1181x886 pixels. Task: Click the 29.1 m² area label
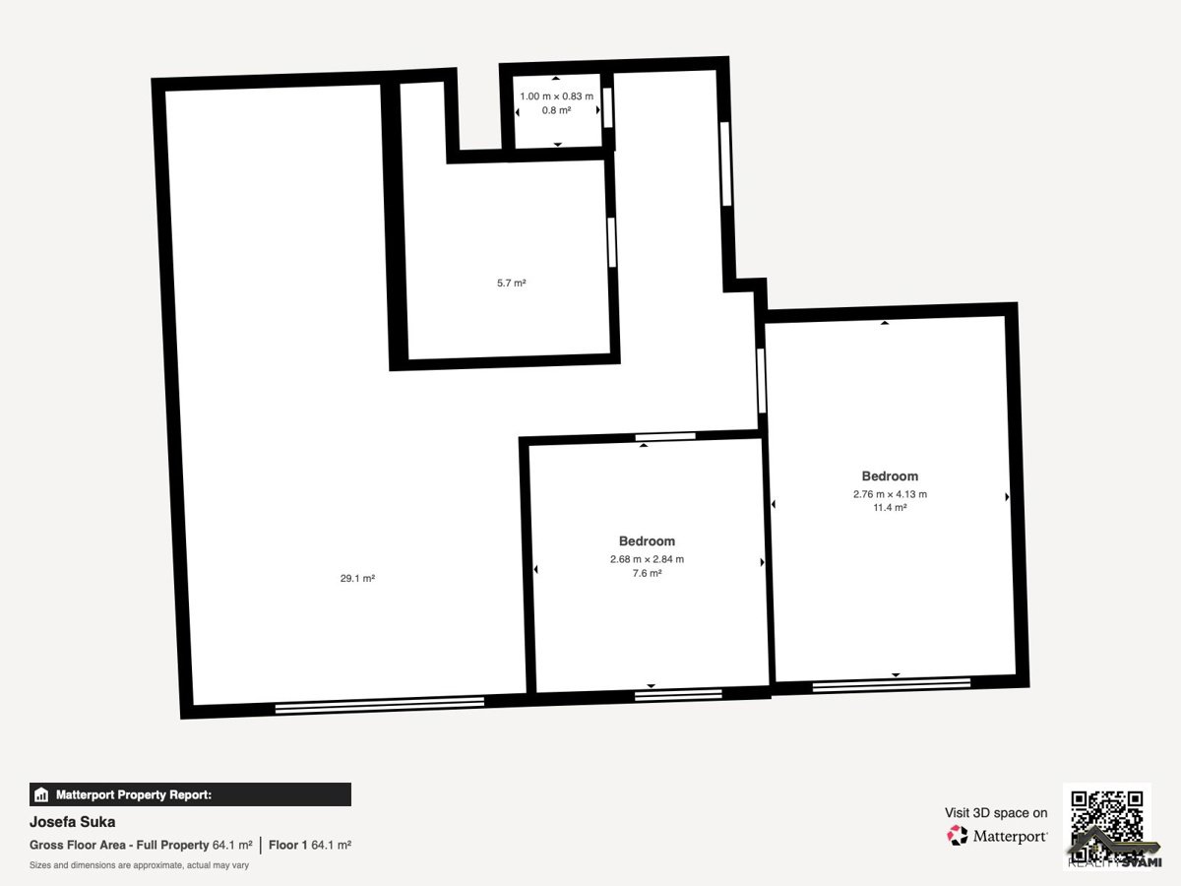tap(357, 578)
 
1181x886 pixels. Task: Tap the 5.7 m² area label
tap(511, 283)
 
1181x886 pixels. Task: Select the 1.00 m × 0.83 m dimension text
tap(556, 96)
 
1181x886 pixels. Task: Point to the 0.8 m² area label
tap(556, 110)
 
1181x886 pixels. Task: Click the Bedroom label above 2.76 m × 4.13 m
tap(890, 476)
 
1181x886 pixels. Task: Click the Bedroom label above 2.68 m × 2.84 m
tap(647, 541)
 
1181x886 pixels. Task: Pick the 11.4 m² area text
tap(890, 507)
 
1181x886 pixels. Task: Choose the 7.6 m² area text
tap(647, 573)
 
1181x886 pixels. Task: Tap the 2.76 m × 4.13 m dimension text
tap(890, 494)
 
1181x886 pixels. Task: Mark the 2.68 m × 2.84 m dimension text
tap(647, 559)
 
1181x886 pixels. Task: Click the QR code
tap(1107, 827)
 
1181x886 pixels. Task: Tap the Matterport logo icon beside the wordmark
tap(958, 836)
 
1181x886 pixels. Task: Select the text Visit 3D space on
tap(996, 813)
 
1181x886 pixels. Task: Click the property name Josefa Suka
tap(72, 822)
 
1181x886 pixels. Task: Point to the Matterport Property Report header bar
tap(191, 794)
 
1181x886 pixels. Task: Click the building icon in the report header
tap(41, 794)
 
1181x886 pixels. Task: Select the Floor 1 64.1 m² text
tap(310, 845)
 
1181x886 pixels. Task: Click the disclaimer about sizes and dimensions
tap(139, 865)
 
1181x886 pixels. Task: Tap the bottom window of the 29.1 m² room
tap(380, 705)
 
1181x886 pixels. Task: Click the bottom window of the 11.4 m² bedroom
tap(892, 685)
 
